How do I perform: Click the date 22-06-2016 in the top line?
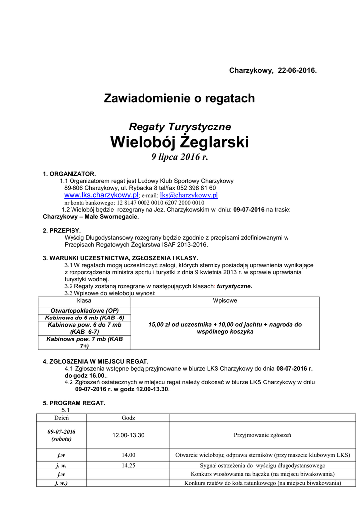tap(297, 71)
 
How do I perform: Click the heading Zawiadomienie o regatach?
tap(179, 98)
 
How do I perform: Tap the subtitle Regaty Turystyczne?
tap(180, 127)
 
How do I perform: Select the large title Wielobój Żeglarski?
tap(179, 142)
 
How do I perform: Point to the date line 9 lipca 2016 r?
tap(179, 157)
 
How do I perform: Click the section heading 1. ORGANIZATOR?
tap(69, 174)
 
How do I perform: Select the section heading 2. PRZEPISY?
tap(62, 231)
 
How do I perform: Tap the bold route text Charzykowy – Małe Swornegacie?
tap(91, 217)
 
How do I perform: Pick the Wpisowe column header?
tap(225, 301)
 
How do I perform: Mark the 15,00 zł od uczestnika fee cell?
tap(225, 328)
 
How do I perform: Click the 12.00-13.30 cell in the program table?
tap(128, 435)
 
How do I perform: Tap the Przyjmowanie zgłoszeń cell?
tap(262, 435)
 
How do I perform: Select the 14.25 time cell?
tap(128, 466)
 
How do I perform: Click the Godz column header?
tap(128, 418)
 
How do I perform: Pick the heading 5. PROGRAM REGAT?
tap(74, 403)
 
